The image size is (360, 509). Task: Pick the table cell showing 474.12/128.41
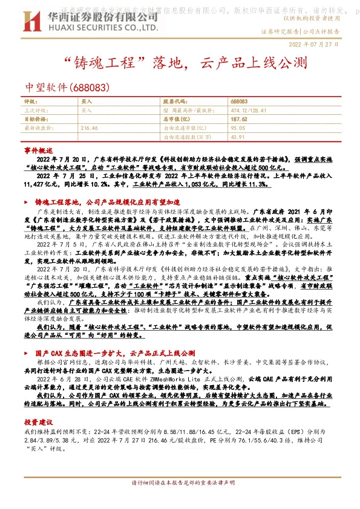(246, 111)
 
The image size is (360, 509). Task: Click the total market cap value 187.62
(239, 119)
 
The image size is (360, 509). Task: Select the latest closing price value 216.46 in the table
(89, 128)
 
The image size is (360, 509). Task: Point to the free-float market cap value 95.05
(238, 128)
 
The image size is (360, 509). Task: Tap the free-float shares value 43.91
(238, 137)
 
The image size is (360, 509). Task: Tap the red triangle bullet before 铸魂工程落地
(26, 201)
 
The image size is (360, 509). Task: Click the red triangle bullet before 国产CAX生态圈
(26, 352)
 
